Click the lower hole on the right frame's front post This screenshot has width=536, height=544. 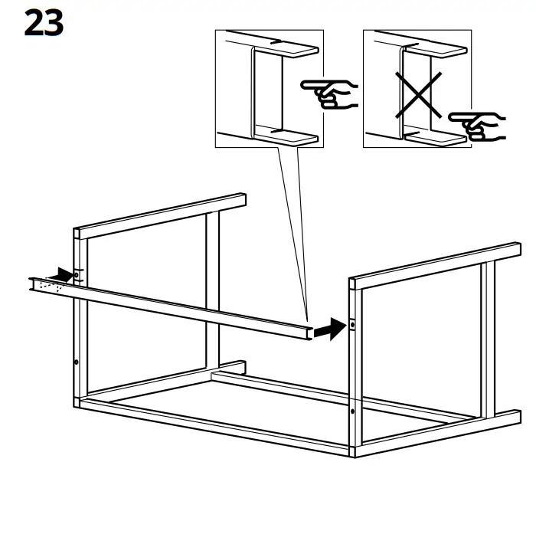click(x=352, y=411)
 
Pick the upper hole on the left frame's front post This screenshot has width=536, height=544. click(x=78, y=273)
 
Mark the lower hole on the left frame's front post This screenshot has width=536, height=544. click(x=77, y=362)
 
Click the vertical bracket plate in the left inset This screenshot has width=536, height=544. click(x=252, y=92)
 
